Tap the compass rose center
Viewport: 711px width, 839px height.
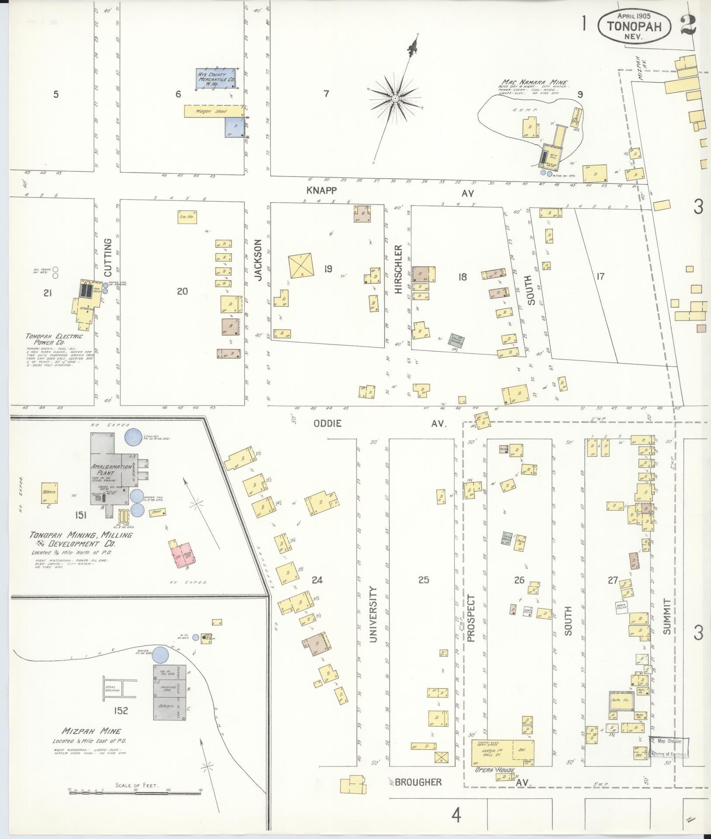coord(395,99)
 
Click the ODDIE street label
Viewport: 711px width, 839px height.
coord(327,423)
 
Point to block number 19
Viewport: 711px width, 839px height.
coord(328,269)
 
